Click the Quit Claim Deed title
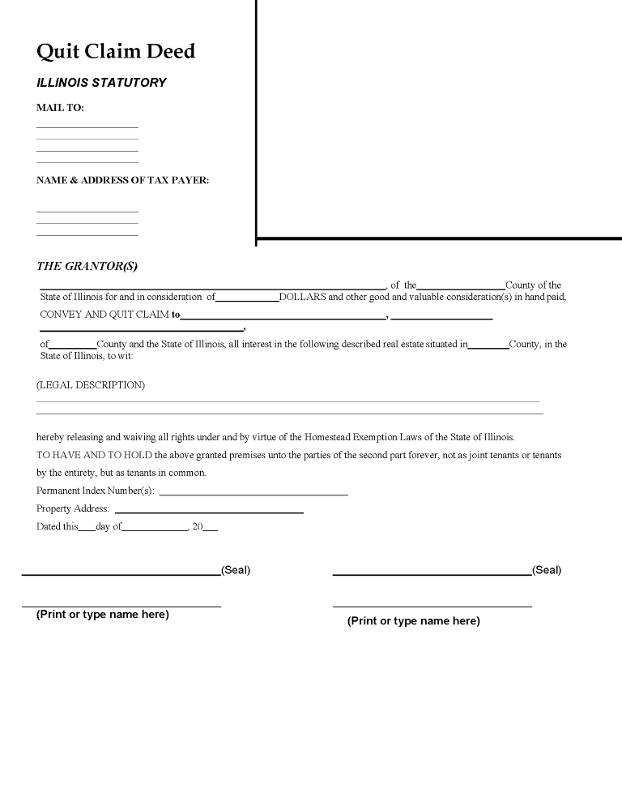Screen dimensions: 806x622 (x=116, y=52)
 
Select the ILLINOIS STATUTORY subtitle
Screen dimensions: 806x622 (x=101, y=83)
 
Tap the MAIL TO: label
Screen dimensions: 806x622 (x=60, y=108)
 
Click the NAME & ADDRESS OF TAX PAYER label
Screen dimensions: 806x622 (x=122, y=181)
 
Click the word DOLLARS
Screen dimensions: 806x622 (x=302, y=297)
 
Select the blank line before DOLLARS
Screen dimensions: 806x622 (x=247, y=300)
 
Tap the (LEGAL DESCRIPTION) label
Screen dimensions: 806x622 (x=91, y=385)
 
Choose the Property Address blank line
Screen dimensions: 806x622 (x=209, y=512)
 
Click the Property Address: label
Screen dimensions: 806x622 (x=73, y=508)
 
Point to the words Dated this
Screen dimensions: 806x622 (x=58, y=526)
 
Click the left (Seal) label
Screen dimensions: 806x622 (x=236, y=570)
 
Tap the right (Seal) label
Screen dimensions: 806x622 (x=547, y=570)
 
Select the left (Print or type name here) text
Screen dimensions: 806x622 (x=103, y=615)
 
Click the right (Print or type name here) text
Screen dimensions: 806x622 (x=414, y=621)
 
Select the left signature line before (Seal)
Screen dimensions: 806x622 (x=121, y=573)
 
